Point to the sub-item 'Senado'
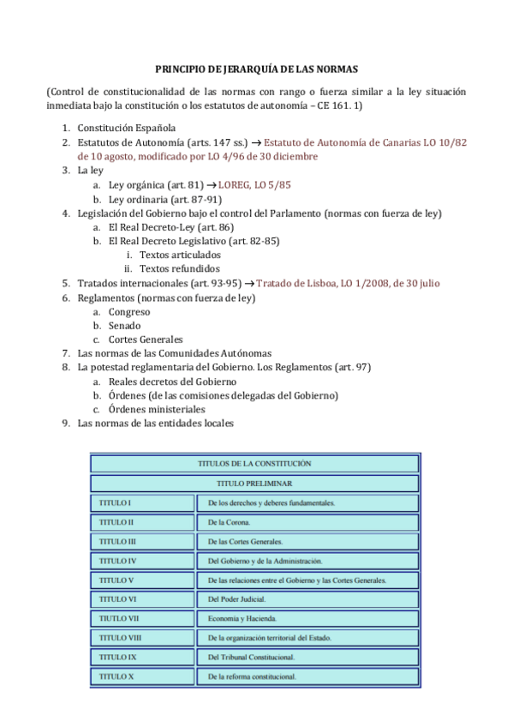coord(125,325)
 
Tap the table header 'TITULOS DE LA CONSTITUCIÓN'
coord(254,463)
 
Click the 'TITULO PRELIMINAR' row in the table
coord(254,483)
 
